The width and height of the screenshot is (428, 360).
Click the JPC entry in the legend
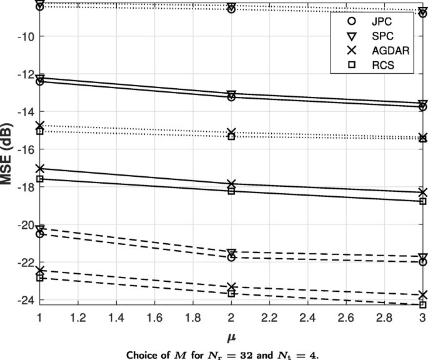[369, 21]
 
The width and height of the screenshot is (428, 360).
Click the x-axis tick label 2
[231, 318]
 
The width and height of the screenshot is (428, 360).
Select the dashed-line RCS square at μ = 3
[423, 305]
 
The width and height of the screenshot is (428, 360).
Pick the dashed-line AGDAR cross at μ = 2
[231, 287]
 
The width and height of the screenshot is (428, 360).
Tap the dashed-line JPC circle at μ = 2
[231, 257]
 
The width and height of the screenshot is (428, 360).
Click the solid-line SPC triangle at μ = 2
[231, 94]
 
